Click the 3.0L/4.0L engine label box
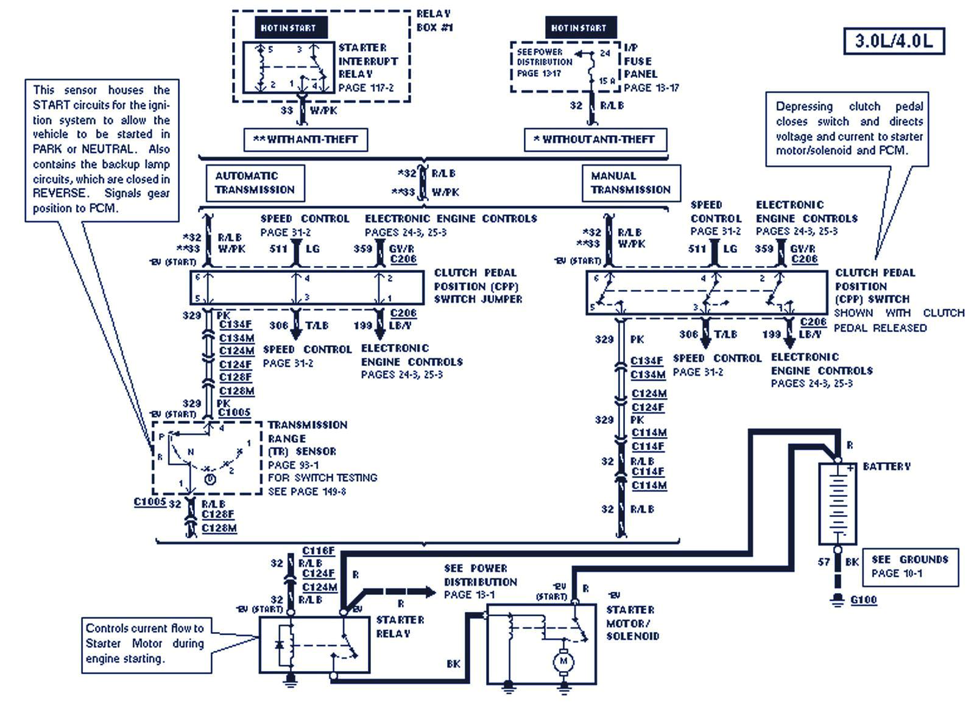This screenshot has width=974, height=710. click(x=894, y=41)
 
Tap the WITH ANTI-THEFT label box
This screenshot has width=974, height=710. click(x=305, y=139)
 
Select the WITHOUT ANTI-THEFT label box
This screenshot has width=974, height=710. click(x=595, y=139)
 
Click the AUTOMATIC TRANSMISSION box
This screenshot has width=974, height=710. click(x=255, y=183)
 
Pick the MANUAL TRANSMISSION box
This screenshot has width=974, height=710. click(x=630, y=183)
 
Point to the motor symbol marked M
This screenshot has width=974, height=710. click(x=563, y=661)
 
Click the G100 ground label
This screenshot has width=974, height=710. click(x=863, y=600)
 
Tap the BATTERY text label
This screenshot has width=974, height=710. click(x=886, y=466)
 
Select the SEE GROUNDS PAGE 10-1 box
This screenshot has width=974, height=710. click(x=909, y=566)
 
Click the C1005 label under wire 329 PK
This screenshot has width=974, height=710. click(x=234, y=412)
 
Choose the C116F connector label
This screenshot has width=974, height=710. click(x=318, y=550)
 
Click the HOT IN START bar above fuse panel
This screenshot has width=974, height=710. click(x=579, y=27)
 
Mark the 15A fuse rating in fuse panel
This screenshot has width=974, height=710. click(x=607, y=80)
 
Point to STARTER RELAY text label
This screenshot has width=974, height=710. click(x=400, y=627)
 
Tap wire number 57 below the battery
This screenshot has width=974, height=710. click(x=824, y=562)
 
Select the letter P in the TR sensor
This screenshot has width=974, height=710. click(x=161, y=437)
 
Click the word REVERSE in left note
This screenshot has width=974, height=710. click(x=59, y=193)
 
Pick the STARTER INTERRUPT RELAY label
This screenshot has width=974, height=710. click(x=368, y=61)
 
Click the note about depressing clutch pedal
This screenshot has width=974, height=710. click(x=849, y=128)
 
